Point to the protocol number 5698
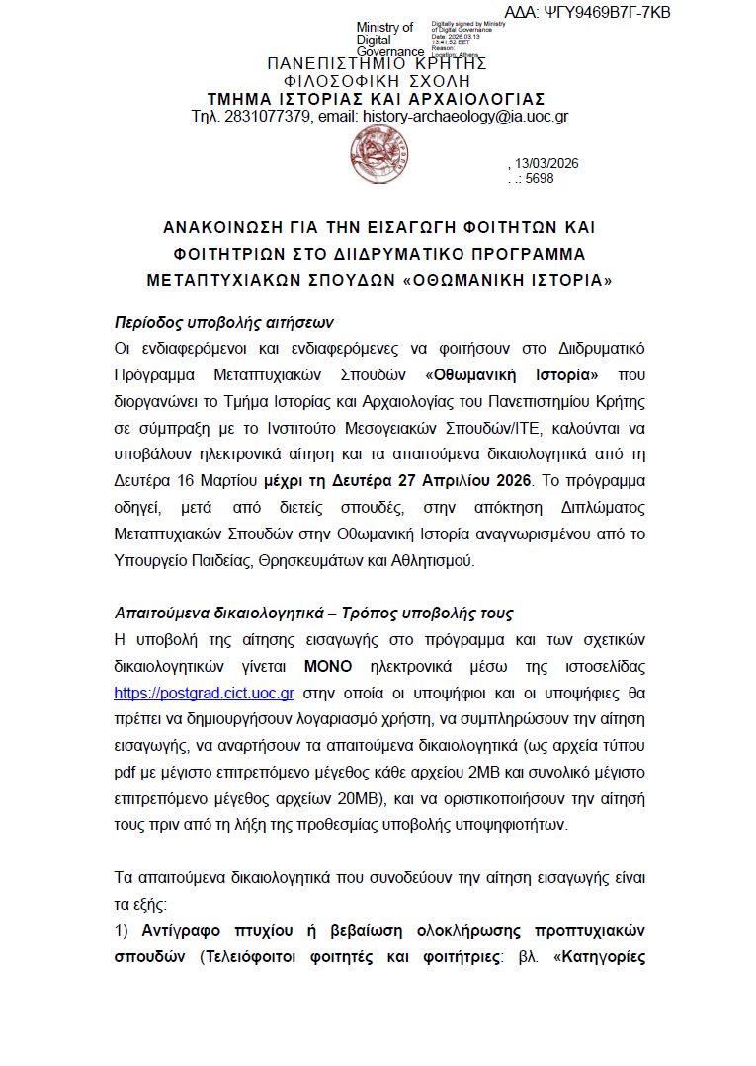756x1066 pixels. pos(541,179)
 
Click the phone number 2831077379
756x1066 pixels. pos(266,117)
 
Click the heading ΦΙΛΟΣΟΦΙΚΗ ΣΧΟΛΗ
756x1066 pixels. pos(377,81)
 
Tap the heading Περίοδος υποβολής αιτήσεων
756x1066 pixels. pos(223,322)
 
